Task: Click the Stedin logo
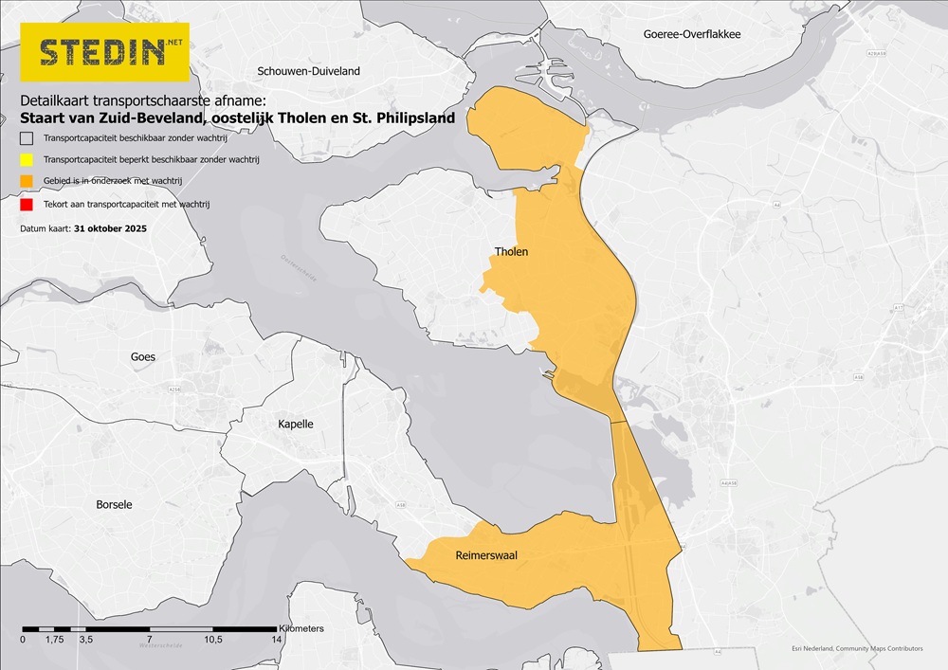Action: tap(104, 52)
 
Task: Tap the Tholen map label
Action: tap(511, 252)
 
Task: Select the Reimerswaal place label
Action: tap(486, 555)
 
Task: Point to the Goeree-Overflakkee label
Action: tap(691, 34)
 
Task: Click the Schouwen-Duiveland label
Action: tap(309, 71)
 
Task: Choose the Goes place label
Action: tap(143, 357)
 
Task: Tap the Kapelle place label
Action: tap(296, 424)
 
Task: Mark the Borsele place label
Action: tap(115, 504)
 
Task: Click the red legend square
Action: tap(27, 205)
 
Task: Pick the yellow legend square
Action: tap(27, 161)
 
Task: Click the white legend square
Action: tap(27, 139)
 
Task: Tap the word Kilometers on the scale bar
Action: tap(301, 628)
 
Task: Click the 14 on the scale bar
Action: tap(277, 641)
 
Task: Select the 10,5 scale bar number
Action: tap(212, 641)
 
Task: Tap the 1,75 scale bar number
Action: tap(54, 641)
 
